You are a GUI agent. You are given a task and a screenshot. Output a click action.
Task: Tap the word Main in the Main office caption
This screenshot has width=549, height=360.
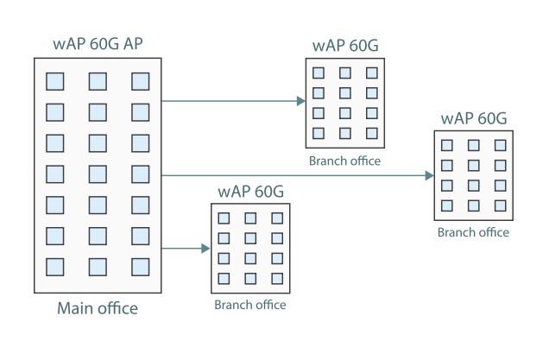(x=74, y=308)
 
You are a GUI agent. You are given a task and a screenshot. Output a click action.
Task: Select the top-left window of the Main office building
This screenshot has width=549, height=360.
(x=54, y=81)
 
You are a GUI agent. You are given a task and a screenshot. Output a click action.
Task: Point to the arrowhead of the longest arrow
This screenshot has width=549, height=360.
(x=429, y=176)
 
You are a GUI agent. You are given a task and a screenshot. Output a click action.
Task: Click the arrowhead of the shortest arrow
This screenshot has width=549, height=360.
(x=205, y=249)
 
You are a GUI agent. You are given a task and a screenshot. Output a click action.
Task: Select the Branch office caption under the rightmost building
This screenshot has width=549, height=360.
(x=473, y=232)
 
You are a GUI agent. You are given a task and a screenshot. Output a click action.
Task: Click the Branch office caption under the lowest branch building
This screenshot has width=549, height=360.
(x=249, y=305)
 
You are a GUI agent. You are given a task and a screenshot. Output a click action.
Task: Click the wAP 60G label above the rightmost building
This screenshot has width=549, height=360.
(x=473, y=118)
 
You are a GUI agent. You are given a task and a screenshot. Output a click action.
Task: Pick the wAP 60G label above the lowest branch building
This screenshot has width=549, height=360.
(x=249, y=191)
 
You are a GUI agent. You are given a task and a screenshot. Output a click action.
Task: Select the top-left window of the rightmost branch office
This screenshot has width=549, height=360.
(x=447, y=145)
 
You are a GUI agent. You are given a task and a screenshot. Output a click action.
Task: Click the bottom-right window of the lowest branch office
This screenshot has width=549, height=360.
(x=276, y=278)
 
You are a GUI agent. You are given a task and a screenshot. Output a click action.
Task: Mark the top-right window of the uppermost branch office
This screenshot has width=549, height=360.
(x=372, y=73)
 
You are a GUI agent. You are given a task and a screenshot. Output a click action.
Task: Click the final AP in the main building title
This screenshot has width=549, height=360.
(x=142, y=44)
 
